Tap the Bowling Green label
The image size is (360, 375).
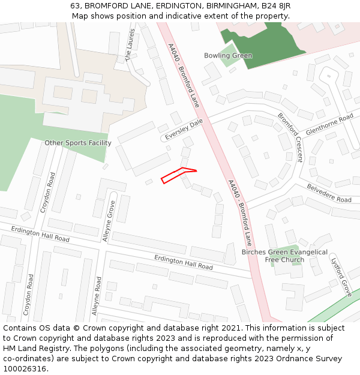tap(228, 56)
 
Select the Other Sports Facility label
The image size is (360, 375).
tap(78, 143)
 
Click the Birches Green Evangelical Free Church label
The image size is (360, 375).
tap(284, 256)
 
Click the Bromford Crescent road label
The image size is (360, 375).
tap(290, 137)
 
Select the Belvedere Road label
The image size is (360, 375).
tap(329, 193)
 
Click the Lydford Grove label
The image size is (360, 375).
tap(341, 275)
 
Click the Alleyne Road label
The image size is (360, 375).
tap(96, 296)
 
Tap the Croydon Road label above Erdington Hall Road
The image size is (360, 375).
tap(48, 193)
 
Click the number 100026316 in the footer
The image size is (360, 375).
tap(25, 368)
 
